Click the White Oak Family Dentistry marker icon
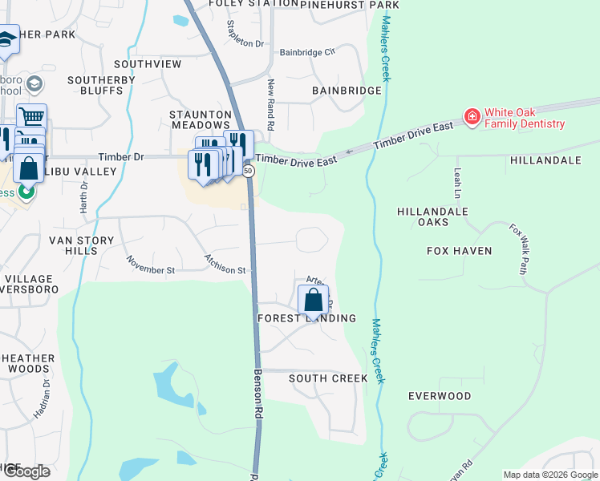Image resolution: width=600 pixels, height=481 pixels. coord(472,117)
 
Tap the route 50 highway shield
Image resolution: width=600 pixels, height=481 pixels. coord(249,171)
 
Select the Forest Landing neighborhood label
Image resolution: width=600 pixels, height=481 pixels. coord(306,318)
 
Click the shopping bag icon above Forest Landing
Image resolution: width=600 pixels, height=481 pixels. coord(313,300)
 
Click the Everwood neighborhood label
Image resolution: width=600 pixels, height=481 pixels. coord(440,396)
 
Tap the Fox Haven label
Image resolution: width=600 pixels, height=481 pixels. coord(459,251)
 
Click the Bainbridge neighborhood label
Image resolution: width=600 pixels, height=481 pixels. coord(347,91)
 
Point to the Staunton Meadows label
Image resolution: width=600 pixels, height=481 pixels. coord(200,120)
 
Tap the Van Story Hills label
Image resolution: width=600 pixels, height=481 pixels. coord(73,245)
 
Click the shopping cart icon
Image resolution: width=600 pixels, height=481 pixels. coord(31,117)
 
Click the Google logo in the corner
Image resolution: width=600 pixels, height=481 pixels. coord(26,471)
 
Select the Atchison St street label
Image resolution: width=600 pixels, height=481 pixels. coord(224,265)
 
